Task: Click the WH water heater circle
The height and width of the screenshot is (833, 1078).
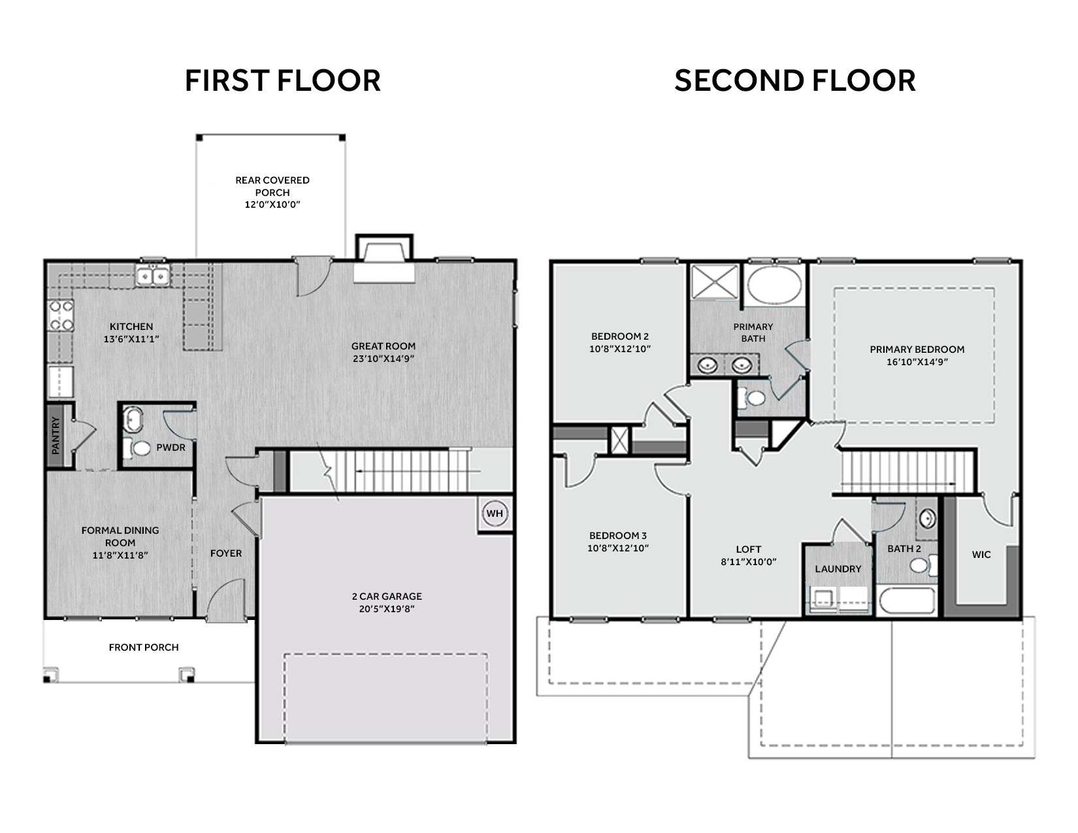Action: tap(495, 514)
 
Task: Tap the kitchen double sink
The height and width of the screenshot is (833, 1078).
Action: tap(153, 275)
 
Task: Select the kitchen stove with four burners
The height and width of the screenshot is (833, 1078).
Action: tap(61, 316)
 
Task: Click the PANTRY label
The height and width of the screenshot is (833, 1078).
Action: tap(56, 435)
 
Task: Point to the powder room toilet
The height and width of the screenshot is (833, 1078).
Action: tap(137, 448)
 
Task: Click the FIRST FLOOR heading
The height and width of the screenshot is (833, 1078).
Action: tap(283, 81)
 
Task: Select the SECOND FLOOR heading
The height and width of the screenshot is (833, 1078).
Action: tap(794, 81)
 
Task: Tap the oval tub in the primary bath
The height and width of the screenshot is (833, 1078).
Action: tap(774, 286)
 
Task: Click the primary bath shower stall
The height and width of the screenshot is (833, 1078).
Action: tap(715, 282)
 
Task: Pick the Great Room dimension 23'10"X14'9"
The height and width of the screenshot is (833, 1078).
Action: tap(384, 358)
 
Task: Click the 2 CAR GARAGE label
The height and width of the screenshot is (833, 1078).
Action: tap(387, 596)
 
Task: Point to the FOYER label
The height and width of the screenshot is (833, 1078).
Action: tap(226, 553)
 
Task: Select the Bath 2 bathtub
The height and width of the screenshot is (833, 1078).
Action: tap(907, 601)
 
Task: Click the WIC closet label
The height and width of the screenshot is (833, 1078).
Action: tap(981, 555)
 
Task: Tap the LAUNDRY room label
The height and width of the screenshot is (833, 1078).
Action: tap(838, 569)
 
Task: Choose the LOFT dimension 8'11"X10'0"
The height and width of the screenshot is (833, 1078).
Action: tap(749, 562)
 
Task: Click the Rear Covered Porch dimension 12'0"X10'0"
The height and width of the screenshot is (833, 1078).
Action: tap(272, 204)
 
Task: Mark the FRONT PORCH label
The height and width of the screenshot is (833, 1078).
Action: tap(144, 647)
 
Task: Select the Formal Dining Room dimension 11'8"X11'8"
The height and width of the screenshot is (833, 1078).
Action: tap(120, 555)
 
